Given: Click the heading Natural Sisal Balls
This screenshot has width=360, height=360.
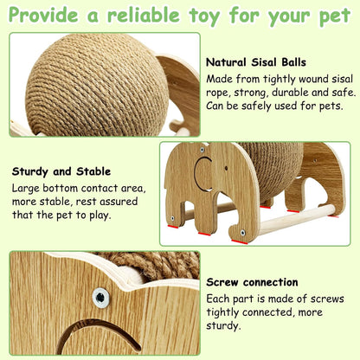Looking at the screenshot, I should pos(257,62).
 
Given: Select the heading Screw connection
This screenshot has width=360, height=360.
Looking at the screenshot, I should pos(251,282).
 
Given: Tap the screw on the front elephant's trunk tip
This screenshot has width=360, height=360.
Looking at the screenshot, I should pos(172,217).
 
